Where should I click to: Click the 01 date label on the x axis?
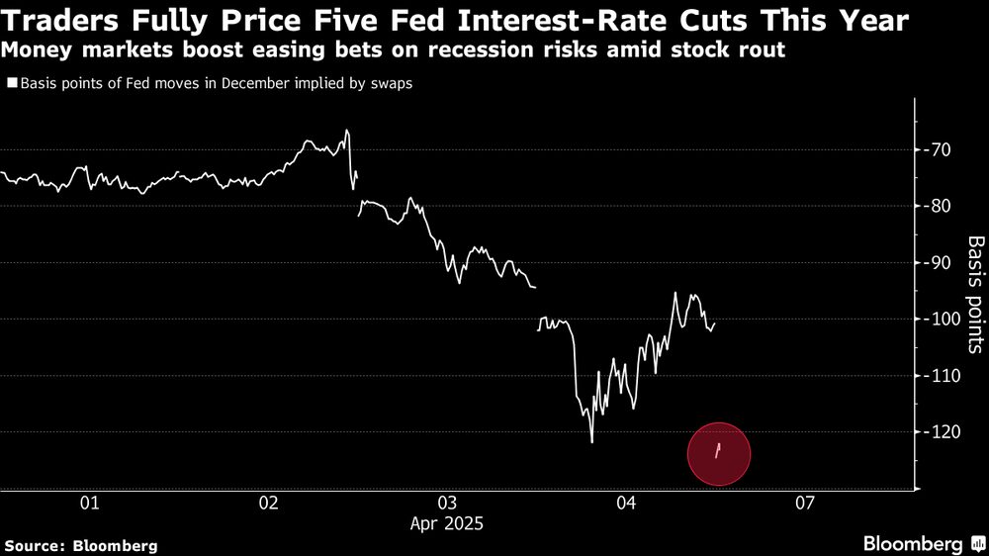90,503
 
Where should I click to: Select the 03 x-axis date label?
447,503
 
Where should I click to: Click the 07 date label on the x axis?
804,503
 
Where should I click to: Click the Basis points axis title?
974,294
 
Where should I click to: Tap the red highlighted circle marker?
719,453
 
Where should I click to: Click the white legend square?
11,84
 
